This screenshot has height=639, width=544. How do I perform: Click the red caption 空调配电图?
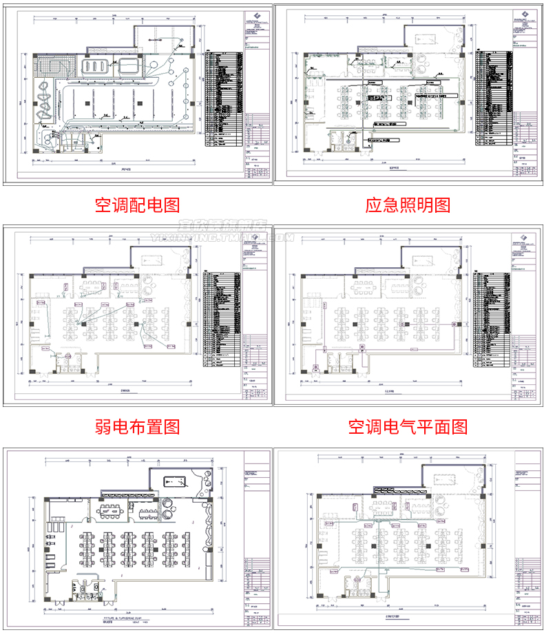(137, 205)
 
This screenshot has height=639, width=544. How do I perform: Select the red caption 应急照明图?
(408, 205)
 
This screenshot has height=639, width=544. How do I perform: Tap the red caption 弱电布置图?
(137, 427)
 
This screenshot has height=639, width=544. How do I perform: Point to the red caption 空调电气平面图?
(408, 427)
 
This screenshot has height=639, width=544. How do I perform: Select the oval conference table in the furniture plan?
(111, 510)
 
